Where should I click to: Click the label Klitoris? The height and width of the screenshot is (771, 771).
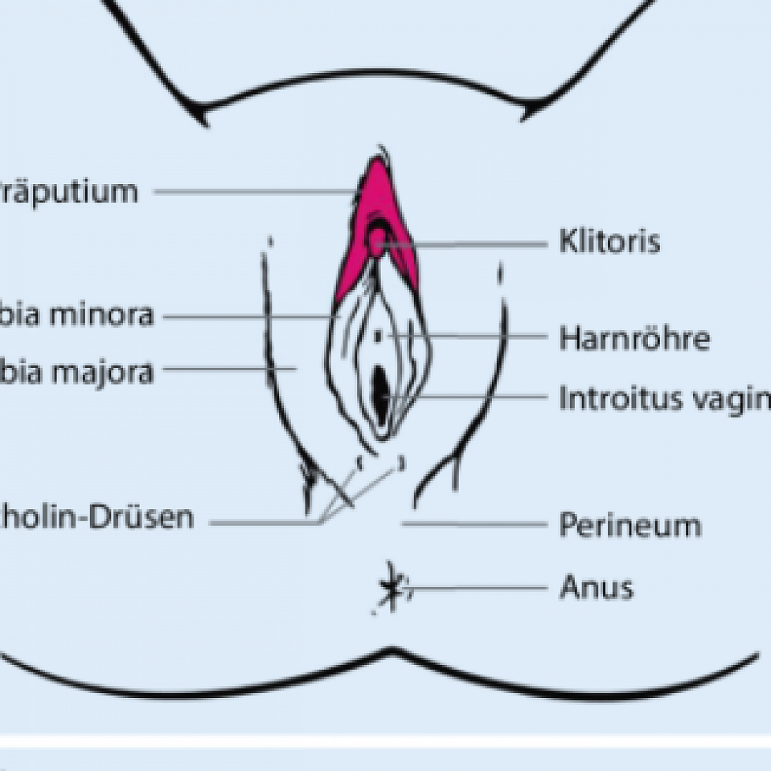[x=609, y=242]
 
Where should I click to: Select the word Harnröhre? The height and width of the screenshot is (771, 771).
[x=634, y=338]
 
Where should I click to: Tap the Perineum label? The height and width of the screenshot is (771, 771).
[x=630, y=525]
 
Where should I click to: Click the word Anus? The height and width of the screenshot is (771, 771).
[x=596, y=588]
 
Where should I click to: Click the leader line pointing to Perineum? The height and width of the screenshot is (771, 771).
[x=474, y=524]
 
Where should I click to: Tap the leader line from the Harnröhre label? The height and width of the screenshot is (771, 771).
[x=474, y=337]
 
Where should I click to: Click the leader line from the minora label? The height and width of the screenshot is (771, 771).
[x=249, y=316]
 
